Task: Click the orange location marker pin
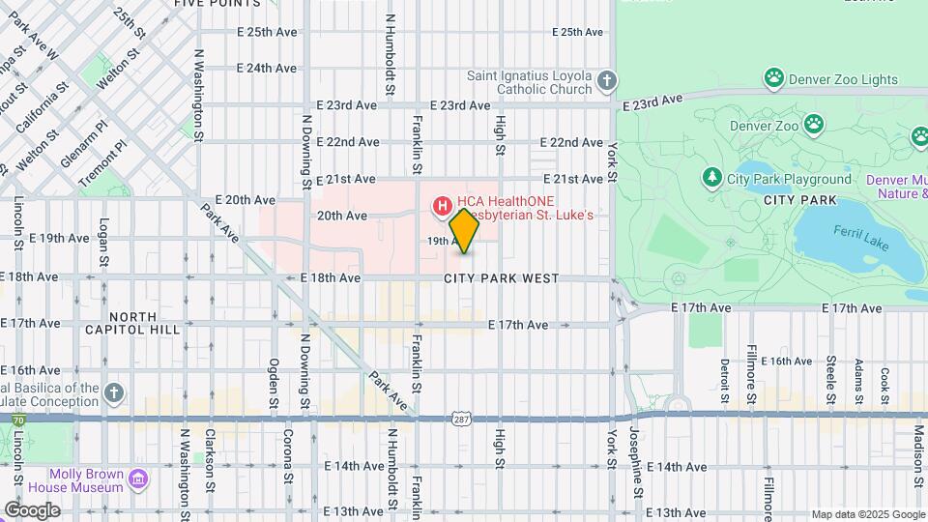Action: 465,231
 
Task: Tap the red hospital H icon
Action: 443,205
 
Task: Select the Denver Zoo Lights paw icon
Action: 773,76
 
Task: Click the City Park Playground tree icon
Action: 712,178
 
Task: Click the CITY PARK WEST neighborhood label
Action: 502,278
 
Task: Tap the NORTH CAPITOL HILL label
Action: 144,323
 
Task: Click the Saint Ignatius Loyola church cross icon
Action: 606,82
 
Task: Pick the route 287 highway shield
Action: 460,417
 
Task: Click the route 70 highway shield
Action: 19,420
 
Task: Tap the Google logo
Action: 32,509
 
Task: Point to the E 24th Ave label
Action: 266,69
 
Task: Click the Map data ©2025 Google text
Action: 867,514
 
